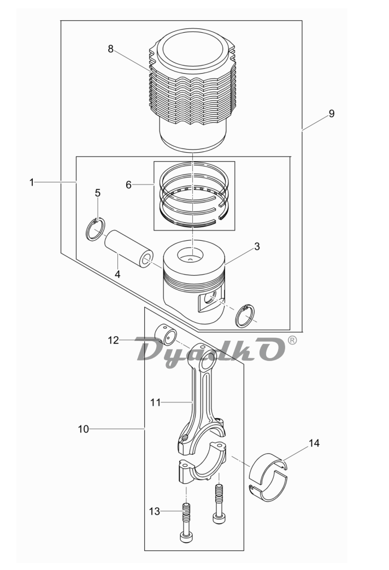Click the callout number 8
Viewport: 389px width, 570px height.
point(110,49)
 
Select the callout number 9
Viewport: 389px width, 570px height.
point(331,114)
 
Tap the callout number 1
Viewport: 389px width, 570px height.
point(32,182)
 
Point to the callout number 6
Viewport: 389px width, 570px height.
point(128,185)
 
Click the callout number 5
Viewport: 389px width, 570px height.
point(97,193)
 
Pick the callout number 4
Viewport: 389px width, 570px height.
point(117,275)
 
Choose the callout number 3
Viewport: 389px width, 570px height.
point(257,246)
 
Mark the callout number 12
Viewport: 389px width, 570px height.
point(114,340)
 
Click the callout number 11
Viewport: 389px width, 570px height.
point(155,402)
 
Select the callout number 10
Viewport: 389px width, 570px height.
point(84,429)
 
